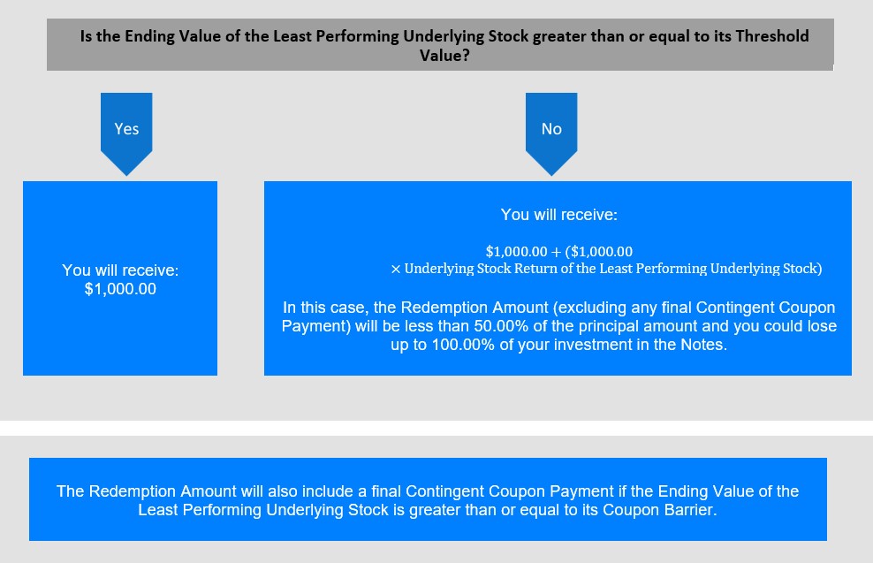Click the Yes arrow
(x=126, y=133)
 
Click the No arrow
(x=551, y=133)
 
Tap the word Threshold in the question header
(x=772, y=36)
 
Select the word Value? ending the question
(x=444, y=56)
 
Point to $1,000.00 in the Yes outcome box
(x=120, y=289)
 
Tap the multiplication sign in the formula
(x=395, y=270)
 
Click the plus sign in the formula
(x=556, y=252)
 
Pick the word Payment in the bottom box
(x=582, y=491)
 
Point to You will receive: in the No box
(x=559, y=215)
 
